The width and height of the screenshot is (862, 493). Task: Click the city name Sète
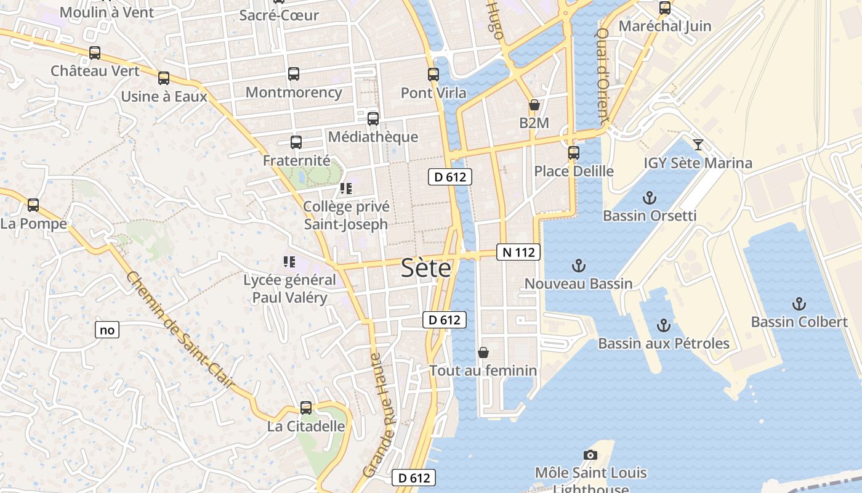click(426, 268)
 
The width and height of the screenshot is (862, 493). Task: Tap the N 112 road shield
click(518, 252)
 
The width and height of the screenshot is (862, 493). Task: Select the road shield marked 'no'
click(107, 330)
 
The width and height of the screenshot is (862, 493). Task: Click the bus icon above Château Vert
click(95, 53)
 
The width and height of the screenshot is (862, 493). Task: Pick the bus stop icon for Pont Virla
click(433, 75)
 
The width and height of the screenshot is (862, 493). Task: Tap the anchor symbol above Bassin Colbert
click(799, 304)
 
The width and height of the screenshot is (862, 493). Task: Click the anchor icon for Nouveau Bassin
click(578, 266)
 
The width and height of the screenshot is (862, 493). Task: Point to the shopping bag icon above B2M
click(534, 105)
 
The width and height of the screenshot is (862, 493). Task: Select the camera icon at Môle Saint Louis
click(590, 455)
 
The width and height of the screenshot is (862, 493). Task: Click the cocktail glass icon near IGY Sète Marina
click(698, 145)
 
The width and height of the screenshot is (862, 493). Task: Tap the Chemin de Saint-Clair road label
click(180, 330)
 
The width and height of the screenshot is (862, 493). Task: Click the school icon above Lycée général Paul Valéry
click(289, 262)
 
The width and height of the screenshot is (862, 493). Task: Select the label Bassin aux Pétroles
click(664, 343)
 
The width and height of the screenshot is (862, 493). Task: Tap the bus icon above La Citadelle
click(306, 407)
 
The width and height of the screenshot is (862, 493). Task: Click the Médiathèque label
click(373, 137)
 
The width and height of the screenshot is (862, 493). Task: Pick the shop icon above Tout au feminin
click(483, 352)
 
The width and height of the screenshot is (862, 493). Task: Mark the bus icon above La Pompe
click(33, 205)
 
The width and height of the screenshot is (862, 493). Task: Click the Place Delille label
click(574, 171)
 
